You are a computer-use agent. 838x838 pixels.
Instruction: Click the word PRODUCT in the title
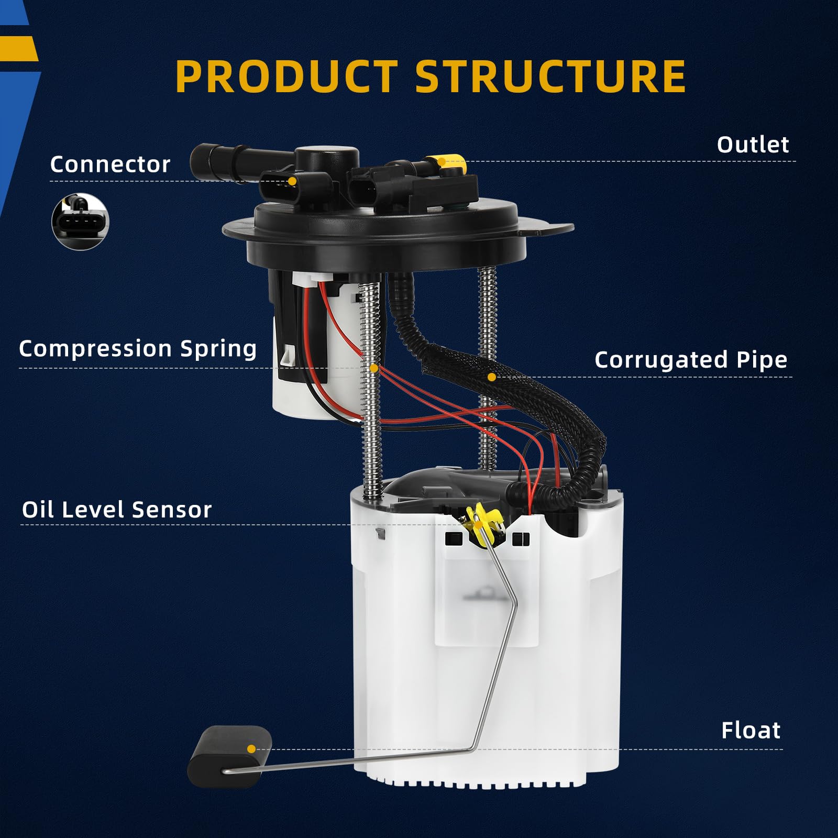(286, 76)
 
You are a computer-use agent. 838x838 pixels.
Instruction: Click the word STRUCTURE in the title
(550, 76)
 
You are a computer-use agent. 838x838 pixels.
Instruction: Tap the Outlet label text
(753, 145)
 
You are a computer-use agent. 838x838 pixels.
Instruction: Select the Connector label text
(110, 164)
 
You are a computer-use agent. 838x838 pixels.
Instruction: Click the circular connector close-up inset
(80, 222)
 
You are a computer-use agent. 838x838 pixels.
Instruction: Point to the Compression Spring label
(138, 349)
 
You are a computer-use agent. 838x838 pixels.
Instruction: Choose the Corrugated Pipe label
(690, 360)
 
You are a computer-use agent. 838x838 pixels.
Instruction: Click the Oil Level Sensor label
(116, 510)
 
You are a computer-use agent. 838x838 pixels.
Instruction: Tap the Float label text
(751, 730)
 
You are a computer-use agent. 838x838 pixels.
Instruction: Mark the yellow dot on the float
(251, 749)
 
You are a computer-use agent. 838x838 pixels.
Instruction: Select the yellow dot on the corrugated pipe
(491, 377)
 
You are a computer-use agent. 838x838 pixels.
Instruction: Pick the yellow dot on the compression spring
(373, 368)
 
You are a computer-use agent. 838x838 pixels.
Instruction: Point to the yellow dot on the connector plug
(292, 181)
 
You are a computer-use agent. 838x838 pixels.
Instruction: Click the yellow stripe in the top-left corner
(18, 49)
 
